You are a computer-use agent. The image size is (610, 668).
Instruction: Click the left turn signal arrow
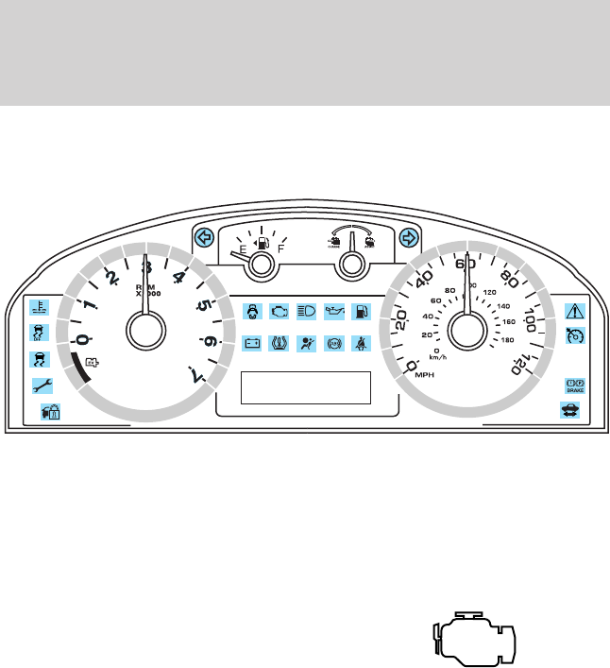pos(201,237)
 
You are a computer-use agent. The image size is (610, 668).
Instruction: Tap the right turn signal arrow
pos(408,237)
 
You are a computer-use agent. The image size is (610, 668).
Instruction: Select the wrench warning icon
pos(40,385)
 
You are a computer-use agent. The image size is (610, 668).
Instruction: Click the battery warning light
pos(252,343)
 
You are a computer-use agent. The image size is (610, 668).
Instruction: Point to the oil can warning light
pos(333,309)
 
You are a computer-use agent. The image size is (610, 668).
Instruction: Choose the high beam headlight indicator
pos(306,309)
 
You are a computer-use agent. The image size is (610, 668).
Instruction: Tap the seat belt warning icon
pos(360,343)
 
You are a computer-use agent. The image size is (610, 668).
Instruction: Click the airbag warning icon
pos(306,343)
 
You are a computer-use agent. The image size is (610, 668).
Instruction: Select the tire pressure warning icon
pos(280,343)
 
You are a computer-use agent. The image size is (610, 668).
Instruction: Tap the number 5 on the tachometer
pos(203,305)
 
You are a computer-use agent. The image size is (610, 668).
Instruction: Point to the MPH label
pos(425,375)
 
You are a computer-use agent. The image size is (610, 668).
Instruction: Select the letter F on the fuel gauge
pos(281,251)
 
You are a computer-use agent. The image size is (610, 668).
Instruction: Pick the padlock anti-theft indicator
pos(47,411)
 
